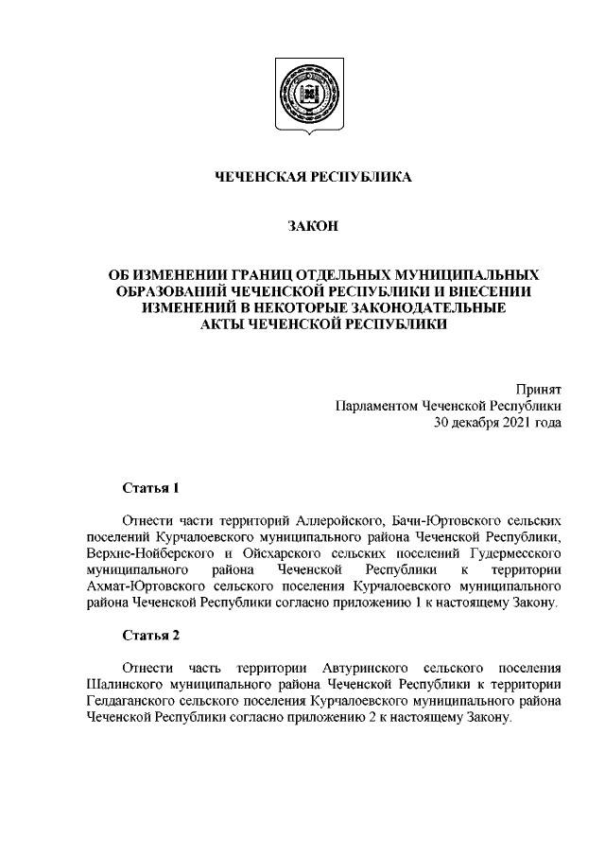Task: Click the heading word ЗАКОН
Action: coord(302,225)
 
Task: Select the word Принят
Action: coord(540,390)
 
